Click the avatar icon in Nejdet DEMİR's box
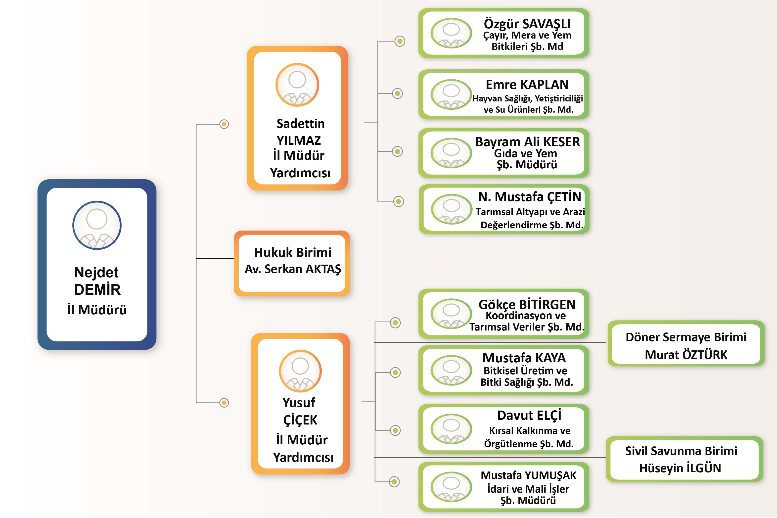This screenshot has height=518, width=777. tap(97, 225)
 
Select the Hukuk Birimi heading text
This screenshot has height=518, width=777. tap(293, 252)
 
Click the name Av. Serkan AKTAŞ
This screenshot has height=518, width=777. tap(293, 269)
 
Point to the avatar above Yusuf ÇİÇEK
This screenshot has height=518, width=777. tap(300, 371)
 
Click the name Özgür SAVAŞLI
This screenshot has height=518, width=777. tap(527, 24)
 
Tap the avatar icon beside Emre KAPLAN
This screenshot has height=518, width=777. tap(451, 94)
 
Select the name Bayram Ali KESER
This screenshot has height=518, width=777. tap(527, 142)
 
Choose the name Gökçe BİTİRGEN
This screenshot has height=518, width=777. tap(527, 304)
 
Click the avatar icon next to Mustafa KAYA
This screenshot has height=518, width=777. tap(451, 370)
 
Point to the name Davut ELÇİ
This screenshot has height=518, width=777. tap(529, 415)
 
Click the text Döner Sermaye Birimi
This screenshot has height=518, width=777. tap(686, 337)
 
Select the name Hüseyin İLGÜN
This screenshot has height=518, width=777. tap(680, 468)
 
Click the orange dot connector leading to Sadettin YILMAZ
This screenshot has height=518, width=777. tap(224, 124)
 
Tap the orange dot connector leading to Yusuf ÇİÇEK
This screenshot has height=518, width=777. tap(224, 403)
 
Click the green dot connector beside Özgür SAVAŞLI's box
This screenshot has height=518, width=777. tap(400, 41)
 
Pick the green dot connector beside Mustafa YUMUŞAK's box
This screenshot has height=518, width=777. tap(394, 482)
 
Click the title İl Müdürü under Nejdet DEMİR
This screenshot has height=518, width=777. tap(97, 310)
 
